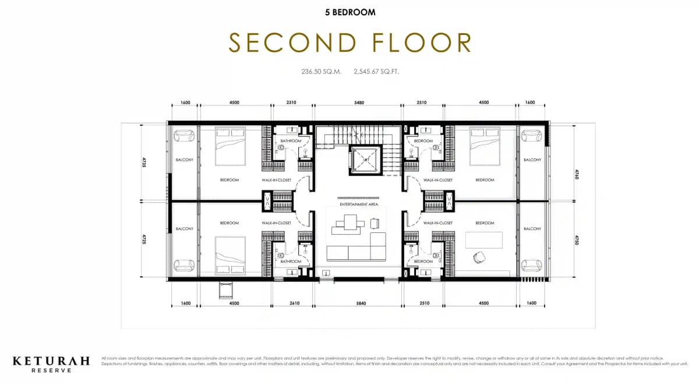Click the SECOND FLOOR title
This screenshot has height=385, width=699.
(349, 43)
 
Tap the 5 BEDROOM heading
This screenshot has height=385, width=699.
(349, 12)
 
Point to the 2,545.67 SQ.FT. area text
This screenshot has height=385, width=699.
(376, 72)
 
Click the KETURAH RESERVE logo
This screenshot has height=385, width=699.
(51, 364)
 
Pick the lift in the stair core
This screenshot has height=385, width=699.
(365, 160)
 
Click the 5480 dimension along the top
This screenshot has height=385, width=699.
(358, 103)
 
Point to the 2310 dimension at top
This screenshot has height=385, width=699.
(291, 103)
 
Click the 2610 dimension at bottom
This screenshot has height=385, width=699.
(294, 303)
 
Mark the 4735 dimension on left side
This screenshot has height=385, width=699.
(144, 162)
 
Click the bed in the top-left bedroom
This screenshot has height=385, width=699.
(230, 146)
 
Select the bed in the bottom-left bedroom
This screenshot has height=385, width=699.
(230, 255)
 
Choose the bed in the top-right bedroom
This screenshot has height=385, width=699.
(485, 146)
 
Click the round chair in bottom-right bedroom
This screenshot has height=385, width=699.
(481, 256)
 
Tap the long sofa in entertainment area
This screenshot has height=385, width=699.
(356, 253)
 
